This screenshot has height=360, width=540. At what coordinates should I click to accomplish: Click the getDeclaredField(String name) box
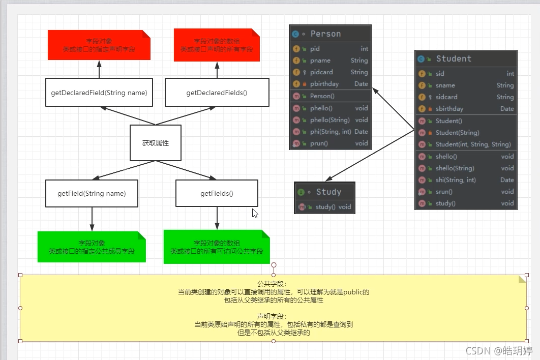click(99, 93)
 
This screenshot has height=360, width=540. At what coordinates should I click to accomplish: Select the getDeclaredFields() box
click(217, 93)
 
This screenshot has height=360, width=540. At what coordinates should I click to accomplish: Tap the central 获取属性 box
click(156, 143)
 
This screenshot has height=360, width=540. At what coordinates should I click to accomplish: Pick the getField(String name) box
click(92, 194)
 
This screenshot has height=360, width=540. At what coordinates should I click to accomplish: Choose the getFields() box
click(217, 194)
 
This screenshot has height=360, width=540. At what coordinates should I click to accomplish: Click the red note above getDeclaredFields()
click(217, 45)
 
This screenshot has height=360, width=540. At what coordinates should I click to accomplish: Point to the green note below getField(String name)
click(92, 247)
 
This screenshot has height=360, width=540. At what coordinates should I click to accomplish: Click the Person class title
click(325, 34)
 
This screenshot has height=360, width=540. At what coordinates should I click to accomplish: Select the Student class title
click(454, 59)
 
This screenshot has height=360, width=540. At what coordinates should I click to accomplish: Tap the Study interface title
click(328, 192)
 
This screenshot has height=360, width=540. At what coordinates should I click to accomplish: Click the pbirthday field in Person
click(324, 84)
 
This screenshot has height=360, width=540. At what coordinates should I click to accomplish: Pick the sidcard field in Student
click(446, 97)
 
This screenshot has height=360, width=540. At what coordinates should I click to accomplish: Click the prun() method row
click(319, 143)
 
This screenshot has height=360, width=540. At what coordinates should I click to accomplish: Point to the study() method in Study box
click(326, 207)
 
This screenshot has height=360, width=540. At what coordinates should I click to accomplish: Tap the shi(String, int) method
click(456, 180)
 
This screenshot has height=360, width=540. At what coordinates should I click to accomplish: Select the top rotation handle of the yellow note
click(274, 265)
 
